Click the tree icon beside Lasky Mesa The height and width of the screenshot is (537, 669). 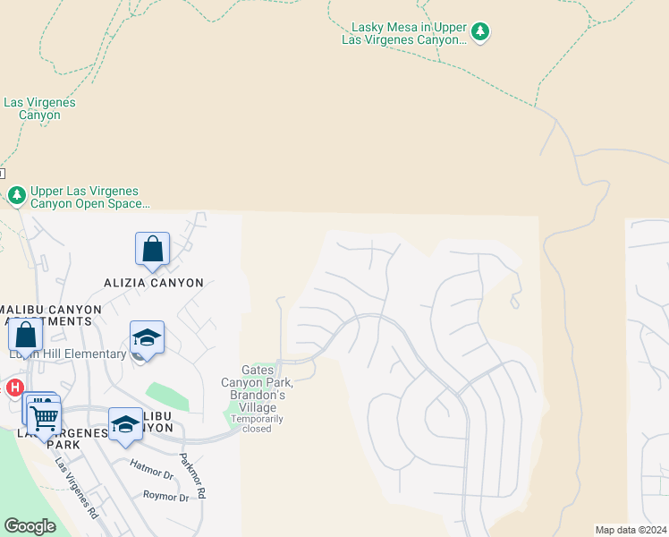481,32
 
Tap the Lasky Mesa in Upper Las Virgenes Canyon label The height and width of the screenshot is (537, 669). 405,34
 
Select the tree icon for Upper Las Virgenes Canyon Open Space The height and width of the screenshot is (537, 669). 16,195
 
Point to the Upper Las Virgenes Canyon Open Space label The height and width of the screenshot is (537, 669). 89,198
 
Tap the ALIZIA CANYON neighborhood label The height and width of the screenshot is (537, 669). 155,283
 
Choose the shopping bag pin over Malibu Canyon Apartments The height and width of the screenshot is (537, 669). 26,335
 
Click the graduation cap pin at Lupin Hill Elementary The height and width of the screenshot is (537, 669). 147,337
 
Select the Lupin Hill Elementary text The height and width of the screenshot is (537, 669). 68,354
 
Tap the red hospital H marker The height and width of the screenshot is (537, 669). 14,388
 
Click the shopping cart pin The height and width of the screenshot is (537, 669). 44,417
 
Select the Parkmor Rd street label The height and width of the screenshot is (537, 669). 193,477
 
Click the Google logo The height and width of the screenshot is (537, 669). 30,526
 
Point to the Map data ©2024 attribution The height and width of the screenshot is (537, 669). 630,530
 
